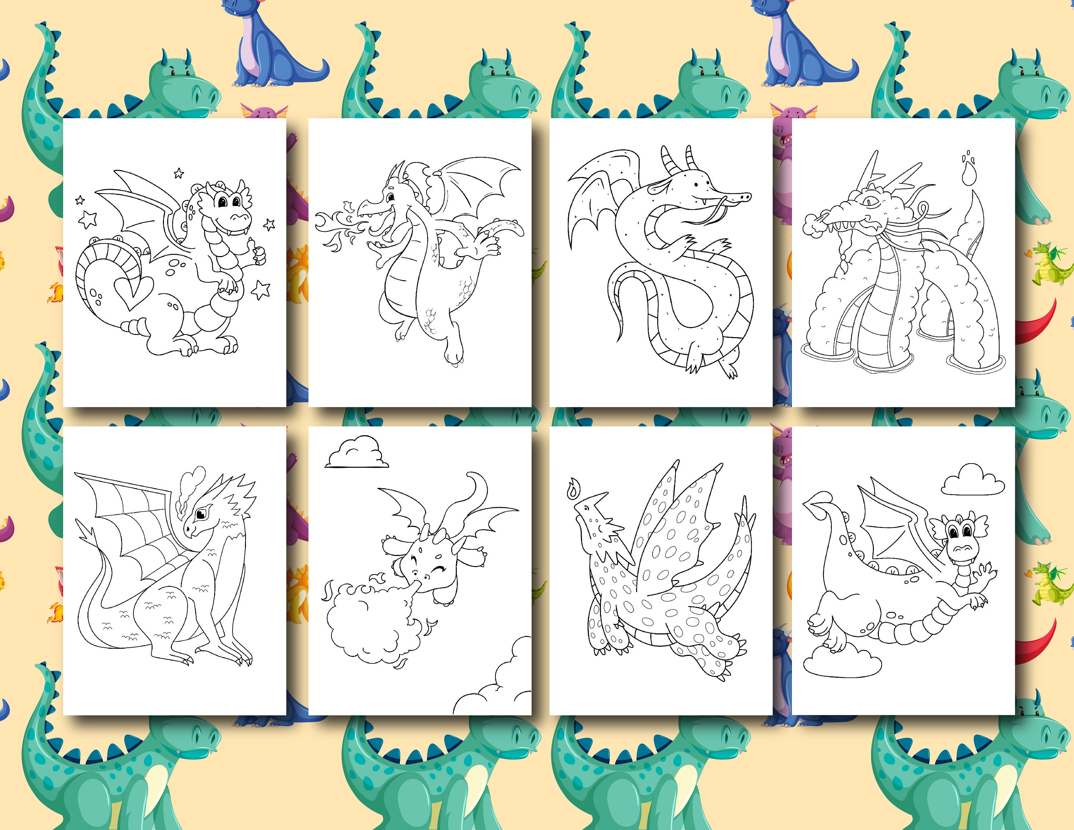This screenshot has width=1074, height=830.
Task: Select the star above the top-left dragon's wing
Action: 179,173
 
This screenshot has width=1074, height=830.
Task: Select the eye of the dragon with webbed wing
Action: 200,514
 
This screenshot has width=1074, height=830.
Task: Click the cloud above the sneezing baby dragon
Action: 356,453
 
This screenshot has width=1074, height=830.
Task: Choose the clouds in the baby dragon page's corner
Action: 497,684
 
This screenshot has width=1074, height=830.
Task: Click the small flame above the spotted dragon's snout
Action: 572,490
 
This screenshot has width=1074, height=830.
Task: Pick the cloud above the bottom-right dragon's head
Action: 973,480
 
